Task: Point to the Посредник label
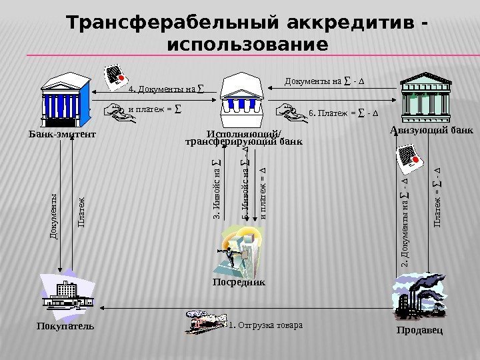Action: pyautogui.click(x=239, y=282)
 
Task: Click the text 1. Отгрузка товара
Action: pyautogui.click(x=265, y=326)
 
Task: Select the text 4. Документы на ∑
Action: pyautogui.click(x=166, y=88)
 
